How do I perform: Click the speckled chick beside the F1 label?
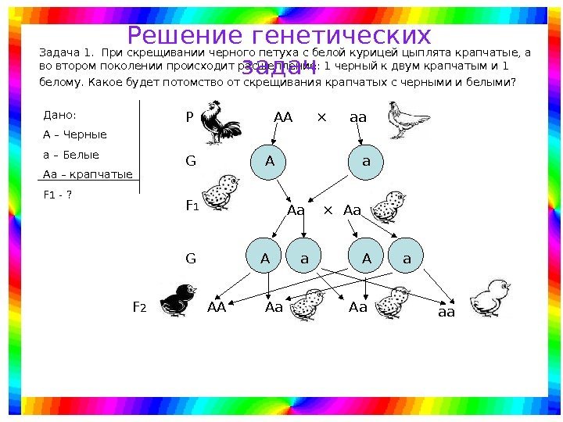(218, 191)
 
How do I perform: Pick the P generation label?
(188, 117)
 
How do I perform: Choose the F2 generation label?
(139, 308)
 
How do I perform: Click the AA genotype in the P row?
(282, 117)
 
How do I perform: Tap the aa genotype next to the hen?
(358, 117)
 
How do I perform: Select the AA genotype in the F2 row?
(217, 307)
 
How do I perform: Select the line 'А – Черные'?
(74, 134)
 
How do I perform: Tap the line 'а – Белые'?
(70, 154)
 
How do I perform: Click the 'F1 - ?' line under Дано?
(57, 194)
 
